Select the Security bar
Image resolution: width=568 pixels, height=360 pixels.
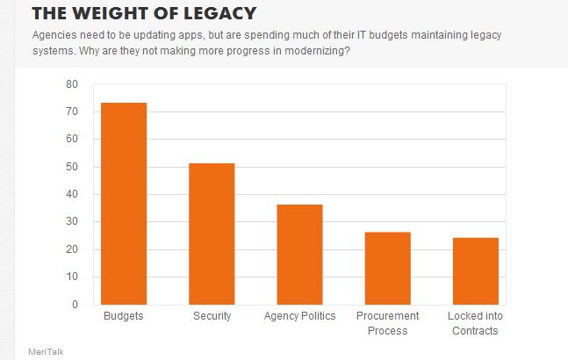[212, 234]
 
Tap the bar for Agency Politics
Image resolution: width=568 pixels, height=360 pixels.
[299, 255]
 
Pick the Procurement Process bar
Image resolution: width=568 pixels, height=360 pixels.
[387, 268]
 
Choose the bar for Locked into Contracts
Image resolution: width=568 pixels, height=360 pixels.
[475, 271]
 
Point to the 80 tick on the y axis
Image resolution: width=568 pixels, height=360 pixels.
[72, 84]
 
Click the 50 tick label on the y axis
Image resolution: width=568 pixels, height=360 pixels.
[72, 167]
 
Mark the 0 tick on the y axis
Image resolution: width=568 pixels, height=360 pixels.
[75, 305]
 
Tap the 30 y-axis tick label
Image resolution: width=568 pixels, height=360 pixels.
[72, 222]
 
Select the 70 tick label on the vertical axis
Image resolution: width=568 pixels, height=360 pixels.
[72, 112]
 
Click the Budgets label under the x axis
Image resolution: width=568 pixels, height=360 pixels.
[124, 316]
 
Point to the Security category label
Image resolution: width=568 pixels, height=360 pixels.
[212, 316]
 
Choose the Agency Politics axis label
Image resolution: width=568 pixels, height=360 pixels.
[299, 316]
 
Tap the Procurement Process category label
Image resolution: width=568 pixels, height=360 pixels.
[387, 323]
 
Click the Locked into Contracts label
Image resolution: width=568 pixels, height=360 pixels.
[475, 323]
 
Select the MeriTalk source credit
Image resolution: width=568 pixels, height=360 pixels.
[46, 351]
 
